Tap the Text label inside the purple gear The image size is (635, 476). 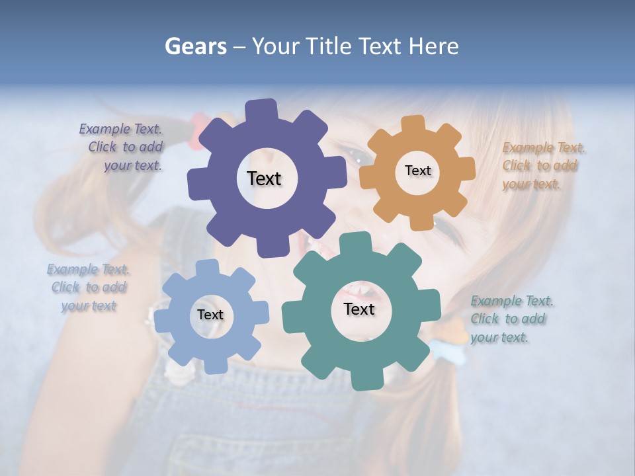coord(264,178)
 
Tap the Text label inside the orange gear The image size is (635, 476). coord(417,171)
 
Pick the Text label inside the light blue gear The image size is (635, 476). coord(210,315)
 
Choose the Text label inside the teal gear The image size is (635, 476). coord(359,309)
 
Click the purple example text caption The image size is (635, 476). coord(122,147)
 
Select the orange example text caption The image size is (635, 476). coord(542,166)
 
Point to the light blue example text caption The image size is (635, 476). coord(89,288)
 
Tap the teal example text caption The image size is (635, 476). coord(511,319)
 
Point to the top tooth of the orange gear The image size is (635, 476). coord(413,124)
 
